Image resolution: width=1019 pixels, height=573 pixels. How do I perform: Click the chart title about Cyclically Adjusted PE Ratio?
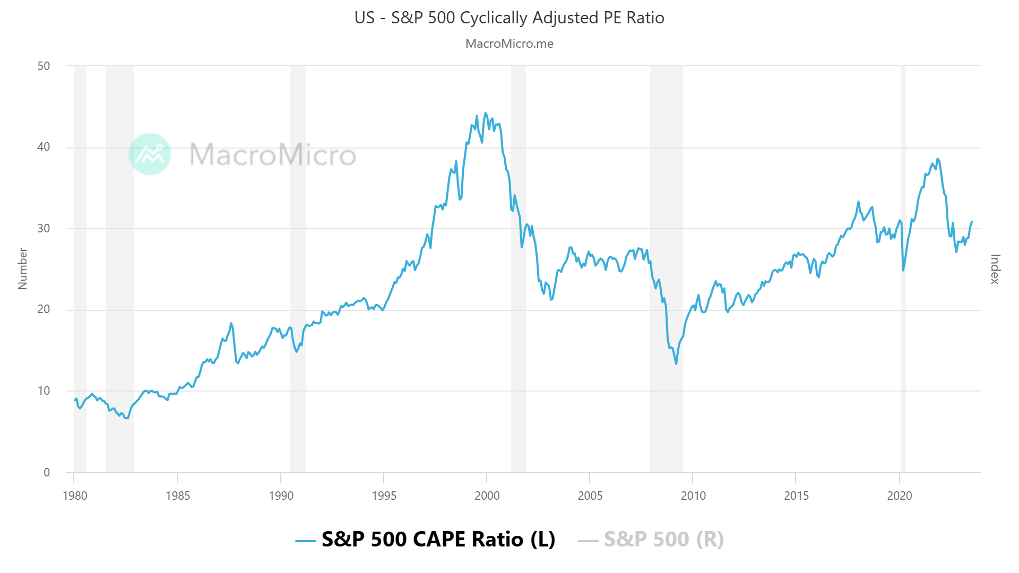click(x=509, y=18)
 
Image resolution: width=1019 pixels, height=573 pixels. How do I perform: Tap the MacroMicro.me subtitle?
click(x=509, y=44)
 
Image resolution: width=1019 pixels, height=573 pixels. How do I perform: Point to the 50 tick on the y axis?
click(x=44, y=66)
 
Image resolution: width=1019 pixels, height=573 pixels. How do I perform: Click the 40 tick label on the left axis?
click(x=44, y=147)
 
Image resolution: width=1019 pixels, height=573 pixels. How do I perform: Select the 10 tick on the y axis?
click(x=44, y=391)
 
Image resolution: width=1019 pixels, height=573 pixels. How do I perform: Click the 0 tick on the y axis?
click(x=47, y=472)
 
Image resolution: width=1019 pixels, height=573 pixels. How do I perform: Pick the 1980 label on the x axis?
click(x=75, y=496)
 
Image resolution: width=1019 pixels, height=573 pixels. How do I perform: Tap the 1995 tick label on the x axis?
click(x=384, y=496)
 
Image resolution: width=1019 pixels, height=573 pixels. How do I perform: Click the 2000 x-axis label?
click(x=487, y=496)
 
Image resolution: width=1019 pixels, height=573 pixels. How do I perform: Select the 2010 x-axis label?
click(x=693, y=496)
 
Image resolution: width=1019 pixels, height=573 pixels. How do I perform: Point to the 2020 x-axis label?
click(x=900, y=496)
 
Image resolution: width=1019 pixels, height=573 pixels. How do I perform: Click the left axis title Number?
click(x=22, y=268)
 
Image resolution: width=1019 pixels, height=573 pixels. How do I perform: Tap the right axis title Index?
click(x=995, y=268)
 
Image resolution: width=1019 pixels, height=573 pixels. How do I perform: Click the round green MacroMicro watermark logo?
click(x=150, y=154)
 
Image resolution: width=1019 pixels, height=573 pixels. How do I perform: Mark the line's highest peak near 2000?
click(x=485, y=113)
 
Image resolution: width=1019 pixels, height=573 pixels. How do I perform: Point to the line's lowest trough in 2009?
click(x=676, y=363)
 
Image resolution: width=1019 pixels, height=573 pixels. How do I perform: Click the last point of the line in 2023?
click(x=972, y=222)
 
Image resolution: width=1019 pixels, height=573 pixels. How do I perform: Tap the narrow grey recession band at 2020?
click(x=903, y=265)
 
